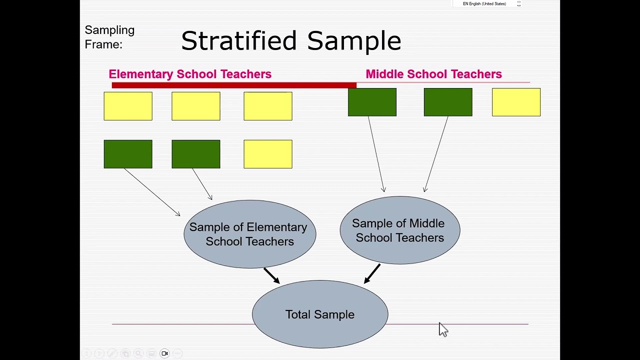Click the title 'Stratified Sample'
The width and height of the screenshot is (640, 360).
[291, 40]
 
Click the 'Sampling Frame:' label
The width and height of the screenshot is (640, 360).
[109, 37]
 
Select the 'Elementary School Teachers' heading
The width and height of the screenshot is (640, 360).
[190, 74]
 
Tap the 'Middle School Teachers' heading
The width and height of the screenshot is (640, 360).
[433, 74]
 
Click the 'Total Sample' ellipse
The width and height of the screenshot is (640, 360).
[320, 314]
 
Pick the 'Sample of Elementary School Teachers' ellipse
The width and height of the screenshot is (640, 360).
[249, 234]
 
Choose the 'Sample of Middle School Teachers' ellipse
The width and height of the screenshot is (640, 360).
[399, 230]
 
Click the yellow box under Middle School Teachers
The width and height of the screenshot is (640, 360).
[516, 102]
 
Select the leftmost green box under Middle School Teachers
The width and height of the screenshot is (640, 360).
[372, 102]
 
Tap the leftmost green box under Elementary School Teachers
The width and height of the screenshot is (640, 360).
[128, 154]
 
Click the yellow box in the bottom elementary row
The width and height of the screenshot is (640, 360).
[268, 154]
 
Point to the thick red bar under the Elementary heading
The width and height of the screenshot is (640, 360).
[234, 85]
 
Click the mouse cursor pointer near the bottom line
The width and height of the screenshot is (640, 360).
[443, 329]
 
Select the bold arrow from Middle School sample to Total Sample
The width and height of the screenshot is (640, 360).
[372, 273]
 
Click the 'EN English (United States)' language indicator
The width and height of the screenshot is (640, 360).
[484, 4]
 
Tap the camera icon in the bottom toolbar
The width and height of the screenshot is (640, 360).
[164, 353]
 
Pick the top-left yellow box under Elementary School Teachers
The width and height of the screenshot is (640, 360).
[128, 106]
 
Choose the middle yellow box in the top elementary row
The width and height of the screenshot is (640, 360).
[196, 106]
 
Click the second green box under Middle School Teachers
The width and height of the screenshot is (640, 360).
[448, 102]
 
